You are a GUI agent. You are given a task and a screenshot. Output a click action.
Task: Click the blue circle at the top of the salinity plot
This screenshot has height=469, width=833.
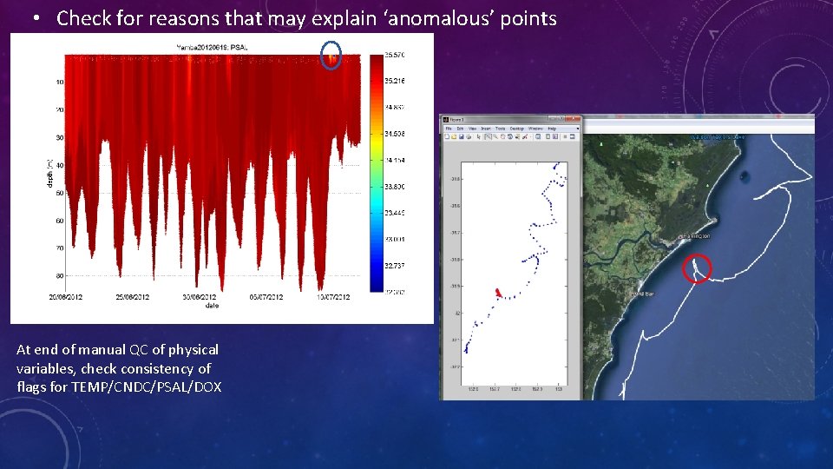point(331,56)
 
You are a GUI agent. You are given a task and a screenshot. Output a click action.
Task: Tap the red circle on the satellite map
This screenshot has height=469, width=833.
point(698,268)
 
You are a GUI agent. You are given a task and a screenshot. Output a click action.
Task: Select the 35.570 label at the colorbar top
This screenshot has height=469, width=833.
point(395,55)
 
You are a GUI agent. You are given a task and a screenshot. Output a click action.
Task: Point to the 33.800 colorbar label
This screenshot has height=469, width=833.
point(395,187)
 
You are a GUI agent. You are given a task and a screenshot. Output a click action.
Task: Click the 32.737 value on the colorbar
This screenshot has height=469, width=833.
point(395,265)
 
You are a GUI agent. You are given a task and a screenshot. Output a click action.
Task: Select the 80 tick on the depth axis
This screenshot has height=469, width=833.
point(59,277)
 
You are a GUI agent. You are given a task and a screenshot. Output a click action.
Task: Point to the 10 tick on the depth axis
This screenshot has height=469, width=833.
point(59,83)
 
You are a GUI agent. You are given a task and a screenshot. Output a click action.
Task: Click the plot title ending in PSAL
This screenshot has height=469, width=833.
point(212,46)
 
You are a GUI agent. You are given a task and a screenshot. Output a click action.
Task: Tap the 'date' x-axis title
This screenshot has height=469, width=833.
point(212,306)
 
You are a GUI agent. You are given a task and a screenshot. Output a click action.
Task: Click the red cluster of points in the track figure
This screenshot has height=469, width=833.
point(497,293)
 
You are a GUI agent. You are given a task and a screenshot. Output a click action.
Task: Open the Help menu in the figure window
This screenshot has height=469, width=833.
point(551,128)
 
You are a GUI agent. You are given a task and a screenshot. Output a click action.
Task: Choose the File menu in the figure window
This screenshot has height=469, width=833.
point(449,128)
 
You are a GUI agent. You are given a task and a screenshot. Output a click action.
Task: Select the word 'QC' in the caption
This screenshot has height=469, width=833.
point(139,350)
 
